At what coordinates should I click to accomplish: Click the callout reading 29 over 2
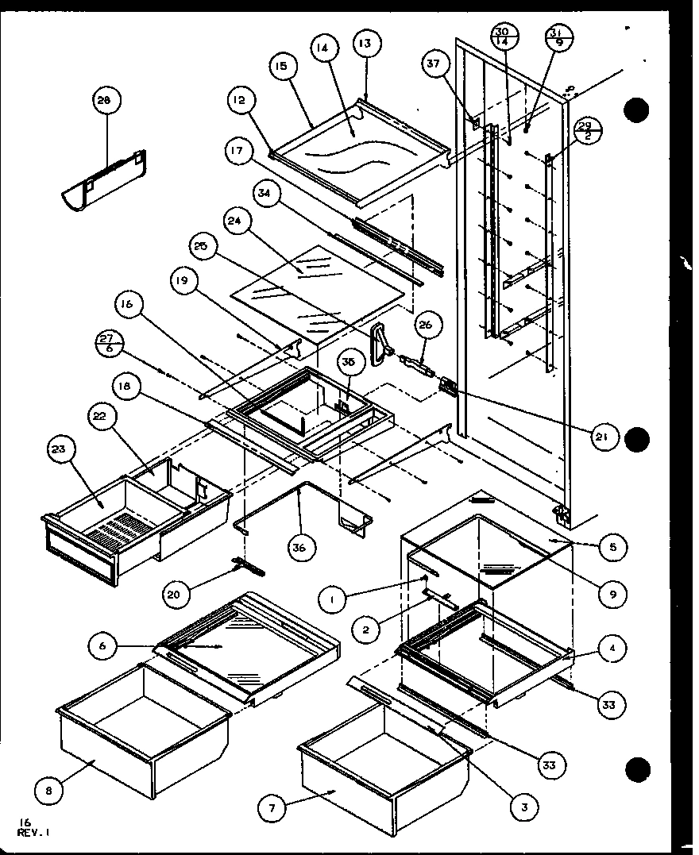tap(585, 129)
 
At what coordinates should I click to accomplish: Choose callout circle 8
tap(49, 791)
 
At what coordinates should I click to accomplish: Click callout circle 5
tap(614, 547)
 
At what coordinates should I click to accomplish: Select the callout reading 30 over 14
tap(502, 37)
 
